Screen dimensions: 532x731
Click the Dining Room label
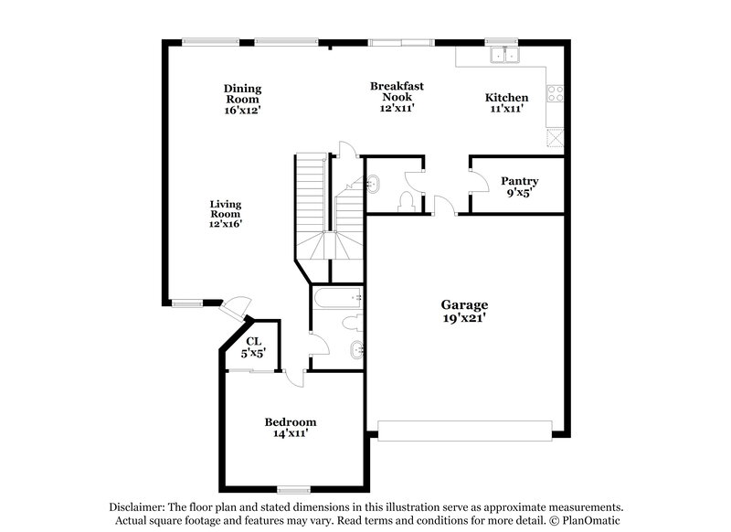click(x=243, y=89)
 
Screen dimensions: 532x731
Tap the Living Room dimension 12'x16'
click(x=225, y=222)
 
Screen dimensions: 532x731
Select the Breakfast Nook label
click(x=397, y=86)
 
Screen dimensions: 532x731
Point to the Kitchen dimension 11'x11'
click(x=505, y=108)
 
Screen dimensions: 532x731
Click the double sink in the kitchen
click(x=502, y=56)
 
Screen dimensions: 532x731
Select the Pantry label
click(x=519, y=181)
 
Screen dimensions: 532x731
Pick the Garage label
click(x=464, y=304)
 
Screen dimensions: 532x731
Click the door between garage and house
click(x=445, y=207)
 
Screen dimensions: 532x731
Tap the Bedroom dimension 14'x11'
click(x=290, y=433)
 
